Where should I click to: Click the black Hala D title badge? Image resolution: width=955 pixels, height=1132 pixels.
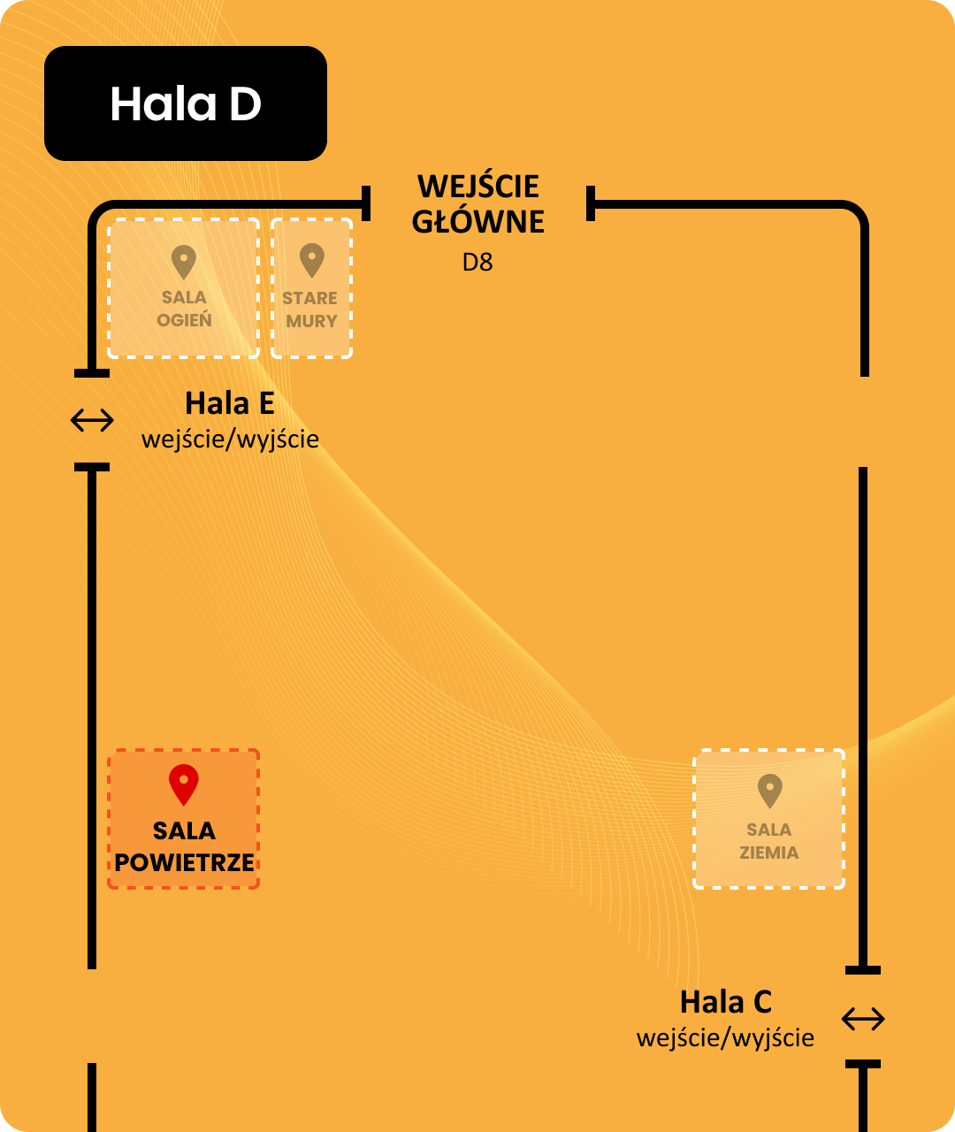[x=186, y=103]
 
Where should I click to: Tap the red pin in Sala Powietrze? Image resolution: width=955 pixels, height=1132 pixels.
[x=184, y=784]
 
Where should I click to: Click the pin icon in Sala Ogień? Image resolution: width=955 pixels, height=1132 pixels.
[x=184, y=262]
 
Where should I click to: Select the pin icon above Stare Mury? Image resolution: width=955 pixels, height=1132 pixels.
[x=311, y=261]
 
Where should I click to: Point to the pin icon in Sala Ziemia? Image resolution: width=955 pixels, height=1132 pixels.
[x=769, y=790]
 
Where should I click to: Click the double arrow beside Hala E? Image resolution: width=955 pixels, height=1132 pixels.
[x=92, y=421]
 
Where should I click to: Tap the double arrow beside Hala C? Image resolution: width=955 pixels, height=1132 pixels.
[x=863, y=1019]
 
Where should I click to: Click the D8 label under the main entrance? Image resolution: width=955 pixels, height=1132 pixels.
[x=477, y=263]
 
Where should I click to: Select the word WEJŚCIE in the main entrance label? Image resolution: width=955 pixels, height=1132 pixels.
[x=478, y=187]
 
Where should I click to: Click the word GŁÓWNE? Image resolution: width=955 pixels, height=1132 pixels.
[x=478, y=222]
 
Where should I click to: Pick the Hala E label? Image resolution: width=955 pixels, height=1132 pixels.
[x=230, y=403]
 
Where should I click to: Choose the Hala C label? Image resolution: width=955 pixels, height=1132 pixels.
[x=726, y=1002]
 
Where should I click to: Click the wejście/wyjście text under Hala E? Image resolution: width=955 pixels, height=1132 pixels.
[x=230, y=439]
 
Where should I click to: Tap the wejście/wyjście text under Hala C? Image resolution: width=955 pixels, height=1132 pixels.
[x=726, y=1037]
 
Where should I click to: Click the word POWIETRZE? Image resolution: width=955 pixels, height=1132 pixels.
[x=184, y=863]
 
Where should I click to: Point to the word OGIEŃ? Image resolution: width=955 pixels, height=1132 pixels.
[x=184, y=320]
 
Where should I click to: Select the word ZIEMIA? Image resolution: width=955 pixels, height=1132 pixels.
[x=769, y=853]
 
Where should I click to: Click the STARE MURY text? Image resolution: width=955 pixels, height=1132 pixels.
[x=311, y=310]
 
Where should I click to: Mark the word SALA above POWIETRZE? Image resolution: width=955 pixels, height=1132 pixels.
[x=184, y=831]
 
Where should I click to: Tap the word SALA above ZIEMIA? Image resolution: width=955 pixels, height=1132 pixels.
[x=769, y=830]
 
